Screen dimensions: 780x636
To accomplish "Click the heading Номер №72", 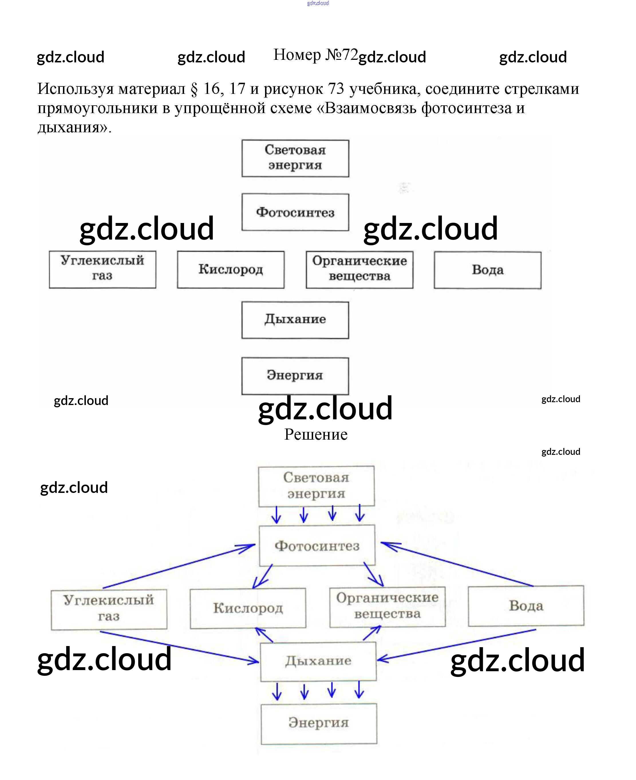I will tap(315, 55).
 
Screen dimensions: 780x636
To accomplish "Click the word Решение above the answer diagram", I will tap(316, 435).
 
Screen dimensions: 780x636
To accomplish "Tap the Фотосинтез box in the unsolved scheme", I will tap(295, 212).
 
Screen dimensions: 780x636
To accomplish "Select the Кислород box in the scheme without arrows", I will tap(231, 269).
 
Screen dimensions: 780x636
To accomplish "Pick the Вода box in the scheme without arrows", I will tap(488, 270).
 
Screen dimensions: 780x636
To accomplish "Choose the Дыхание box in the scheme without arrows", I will tap(295, 320).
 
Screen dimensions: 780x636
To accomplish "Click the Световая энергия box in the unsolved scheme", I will tap(295, 158).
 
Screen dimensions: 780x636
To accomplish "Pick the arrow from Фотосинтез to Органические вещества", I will tap(373, 574).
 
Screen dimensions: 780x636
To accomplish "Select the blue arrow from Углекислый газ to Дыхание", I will tap(179, 646).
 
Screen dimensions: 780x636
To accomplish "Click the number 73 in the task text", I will tap(336, 89).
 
